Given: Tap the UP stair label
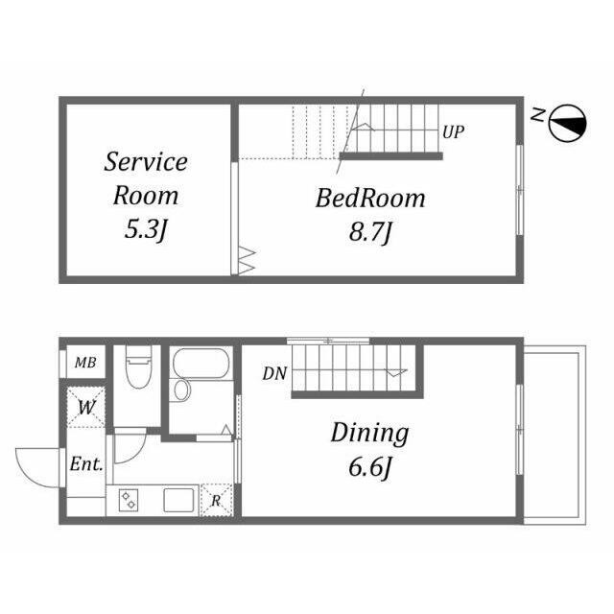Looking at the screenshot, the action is [453, 132].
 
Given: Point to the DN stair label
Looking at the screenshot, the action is [274, 373].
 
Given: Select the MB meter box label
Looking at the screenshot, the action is [85, 363].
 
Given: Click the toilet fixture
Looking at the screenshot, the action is [137, 366].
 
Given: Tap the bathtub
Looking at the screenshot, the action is [201, 363].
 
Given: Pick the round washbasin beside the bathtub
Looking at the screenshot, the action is [181, 390].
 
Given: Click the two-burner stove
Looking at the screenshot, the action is [128, 501].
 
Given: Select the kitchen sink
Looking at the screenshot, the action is [178, 500].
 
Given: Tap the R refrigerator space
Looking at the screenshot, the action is [216, 500].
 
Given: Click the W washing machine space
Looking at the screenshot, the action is [86, 407].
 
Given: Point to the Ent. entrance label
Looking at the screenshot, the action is [86, 464].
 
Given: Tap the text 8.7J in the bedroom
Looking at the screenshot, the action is [370, 232].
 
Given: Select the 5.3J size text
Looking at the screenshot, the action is [146, 229].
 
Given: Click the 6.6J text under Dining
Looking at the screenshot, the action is [370, 467].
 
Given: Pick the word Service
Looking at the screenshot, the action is [146, 161].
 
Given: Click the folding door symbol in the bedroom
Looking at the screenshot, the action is [246, 261].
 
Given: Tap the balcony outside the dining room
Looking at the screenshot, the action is [555, 435].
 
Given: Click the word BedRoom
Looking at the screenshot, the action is [370, 199].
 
